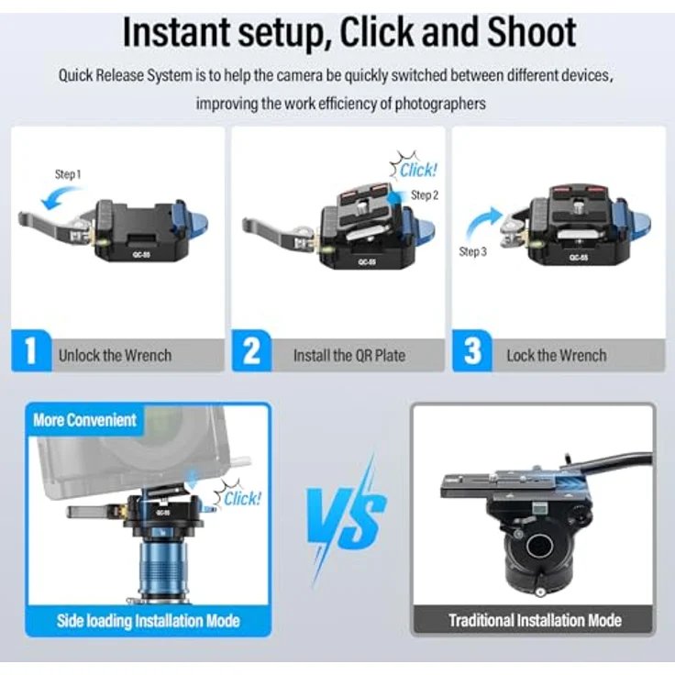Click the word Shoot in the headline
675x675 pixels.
532,32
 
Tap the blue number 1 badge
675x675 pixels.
31,350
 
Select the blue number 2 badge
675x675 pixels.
251,350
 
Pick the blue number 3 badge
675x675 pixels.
472,350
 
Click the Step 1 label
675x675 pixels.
68,174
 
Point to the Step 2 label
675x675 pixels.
425,195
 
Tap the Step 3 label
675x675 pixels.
472,251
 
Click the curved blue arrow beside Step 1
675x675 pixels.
61,197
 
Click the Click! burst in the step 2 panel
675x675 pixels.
415,167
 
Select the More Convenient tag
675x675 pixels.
84,420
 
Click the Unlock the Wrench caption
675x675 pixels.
115,356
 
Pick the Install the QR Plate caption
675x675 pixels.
349,356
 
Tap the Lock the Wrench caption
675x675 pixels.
557,356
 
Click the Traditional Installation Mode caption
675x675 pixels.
535,620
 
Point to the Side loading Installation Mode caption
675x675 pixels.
148,621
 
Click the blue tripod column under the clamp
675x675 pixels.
163,569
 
